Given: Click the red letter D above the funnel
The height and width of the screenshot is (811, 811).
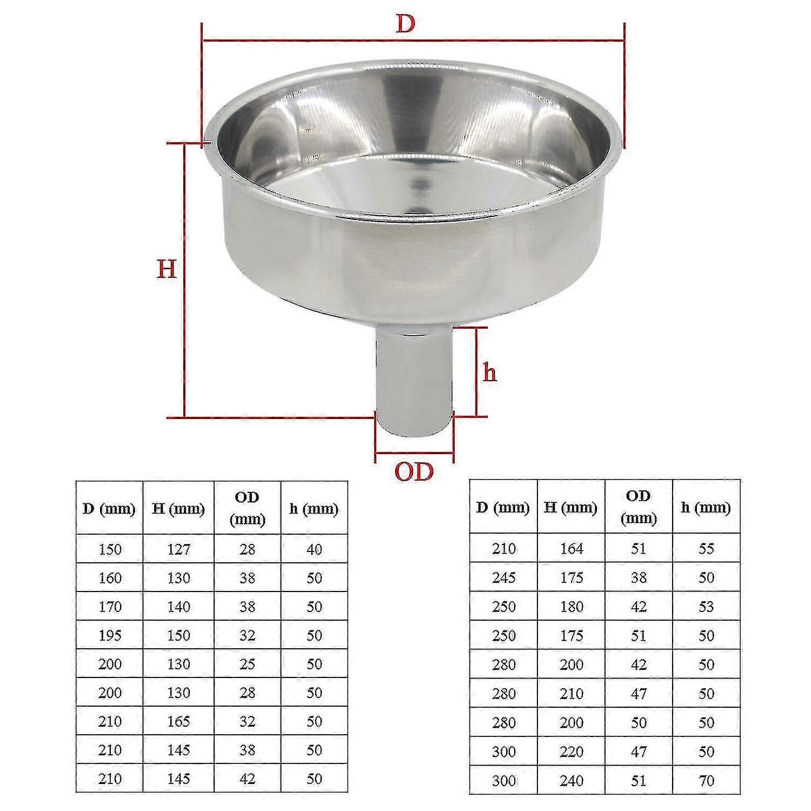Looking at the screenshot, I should tap(405, 24).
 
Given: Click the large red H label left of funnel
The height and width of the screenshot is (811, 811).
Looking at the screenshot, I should tap(167, 269).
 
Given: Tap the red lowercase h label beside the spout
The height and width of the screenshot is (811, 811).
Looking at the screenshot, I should tap(489, 373).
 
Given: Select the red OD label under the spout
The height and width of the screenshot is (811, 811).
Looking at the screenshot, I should tap(414, 472).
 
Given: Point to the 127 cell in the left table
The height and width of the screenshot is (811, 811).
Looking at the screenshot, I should tap(178, 549).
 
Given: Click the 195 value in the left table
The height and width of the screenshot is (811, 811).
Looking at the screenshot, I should tap(110, 635).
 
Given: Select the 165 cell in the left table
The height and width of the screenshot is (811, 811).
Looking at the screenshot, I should tap(178, 721).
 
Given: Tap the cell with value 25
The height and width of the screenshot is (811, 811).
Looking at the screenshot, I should tap(247, 664).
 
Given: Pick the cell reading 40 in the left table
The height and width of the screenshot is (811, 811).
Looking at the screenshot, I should tap(314, 549).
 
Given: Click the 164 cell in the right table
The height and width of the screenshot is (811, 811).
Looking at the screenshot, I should tap(571, 549).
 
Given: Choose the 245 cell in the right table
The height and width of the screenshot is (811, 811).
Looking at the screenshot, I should tap(503, 578).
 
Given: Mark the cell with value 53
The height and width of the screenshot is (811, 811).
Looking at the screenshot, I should tap(706, 607).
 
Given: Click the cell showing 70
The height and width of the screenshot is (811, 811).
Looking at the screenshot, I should tap(706, 781).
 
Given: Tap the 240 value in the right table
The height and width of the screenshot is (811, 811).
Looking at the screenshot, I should tap(571, 781).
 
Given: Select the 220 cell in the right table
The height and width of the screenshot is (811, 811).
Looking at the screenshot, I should tap(571, 752).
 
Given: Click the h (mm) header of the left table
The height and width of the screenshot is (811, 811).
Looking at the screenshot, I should tap(314, 509).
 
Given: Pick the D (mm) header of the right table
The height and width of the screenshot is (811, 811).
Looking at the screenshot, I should tap(503, 507).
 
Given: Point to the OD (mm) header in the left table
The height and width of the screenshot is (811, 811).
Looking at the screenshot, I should tap(247, 508).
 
